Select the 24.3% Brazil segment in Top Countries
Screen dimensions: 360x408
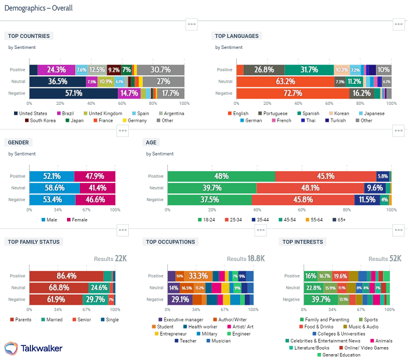pos(57,70)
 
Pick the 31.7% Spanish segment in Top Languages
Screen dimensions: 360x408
pos(309,70)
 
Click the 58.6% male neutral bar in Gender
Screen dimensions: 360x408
pos(55,188)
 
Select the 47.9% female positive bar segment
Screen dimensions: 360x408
pos(94,176)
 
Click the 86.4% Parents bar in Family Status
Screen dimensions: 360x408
pos(66,276)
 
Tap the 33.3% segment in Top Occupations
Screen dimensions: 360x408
pos(199,276)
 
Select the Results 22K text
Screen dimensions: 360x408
pos(111,259)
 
